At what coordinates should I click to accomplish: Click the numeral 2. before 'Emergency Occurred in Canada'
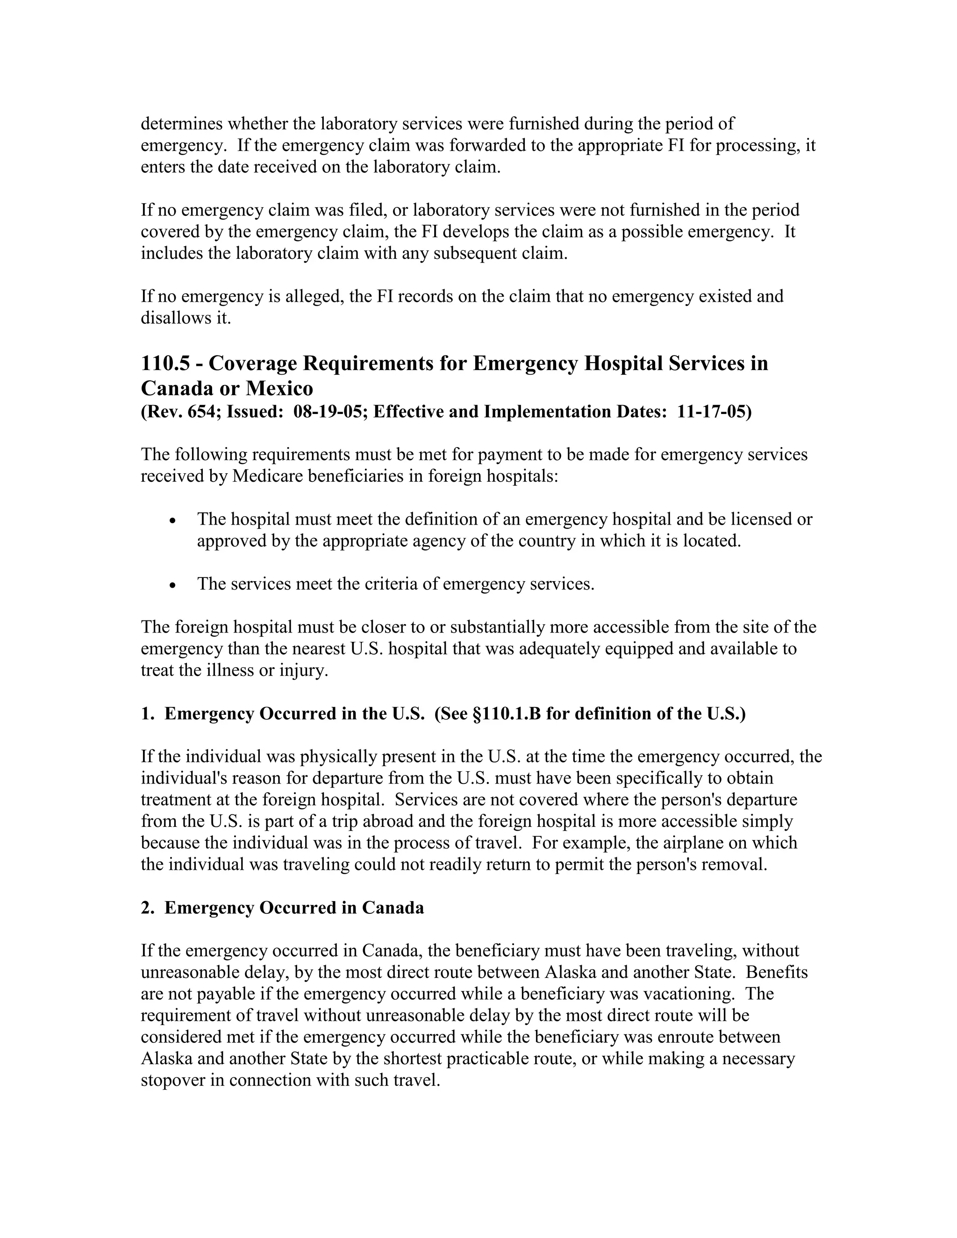[147, 908]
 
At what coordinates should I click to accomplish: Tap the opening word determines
[182, 124]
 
